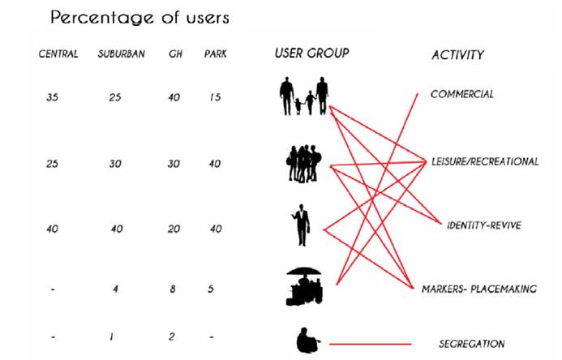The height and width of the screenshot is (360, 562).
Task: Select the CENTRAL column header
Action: coord(58,55)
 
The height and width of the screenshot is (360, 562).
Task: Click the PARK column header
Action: coord(215,55)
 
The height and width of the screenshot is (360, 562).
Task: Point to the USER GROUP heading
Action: coord(311,54)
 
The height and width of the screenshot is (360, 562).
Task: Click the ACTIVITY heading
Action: coord(458,55)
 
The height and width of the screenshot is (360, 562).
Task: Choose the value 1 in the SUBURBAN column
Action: coord(117,336)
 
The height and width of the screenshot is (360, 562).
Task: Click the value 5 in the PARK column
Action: coord(210,288)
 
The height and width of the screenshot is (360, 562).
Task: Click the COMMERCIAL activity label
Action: coord(462,94)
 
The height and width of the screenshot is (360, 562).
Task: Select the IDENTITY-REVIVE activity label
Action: coord(483,225)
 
